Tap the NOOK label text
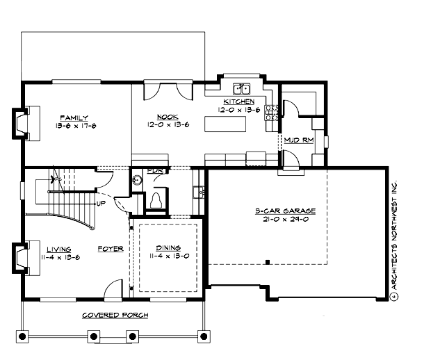(x=165, y=117)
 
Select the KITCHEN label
(x=229, y=101)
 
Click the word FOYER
(x=110, y=248)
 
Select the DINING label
(x=168, y=248)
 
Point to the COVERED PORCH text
(x=115, y=315)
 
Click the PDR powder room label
(x=155, y=171)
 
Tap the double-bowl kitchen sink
(x=241, y=88)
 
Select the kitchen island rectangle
(x=226, y=124)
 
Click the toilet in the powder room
(x=157, y=199)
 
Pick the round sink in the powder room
(x=138, y=179)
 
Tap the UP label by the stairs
(x=100, y=204)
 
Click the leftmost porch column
(x=23, y=337)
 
